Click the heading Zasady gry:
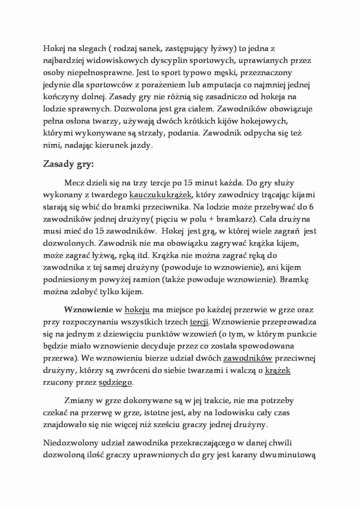point(69,164)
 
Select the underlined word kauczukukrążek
point(160,195)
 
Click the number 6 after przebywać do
point(311,207)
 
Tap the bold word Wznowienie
point(88,310)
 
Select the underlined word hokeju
point(137,310)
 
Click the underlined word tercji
point(199,322)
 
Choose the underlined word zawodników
point(247,358)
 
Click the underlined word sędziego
point(115,382)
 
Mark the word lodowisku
point(242,413)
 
